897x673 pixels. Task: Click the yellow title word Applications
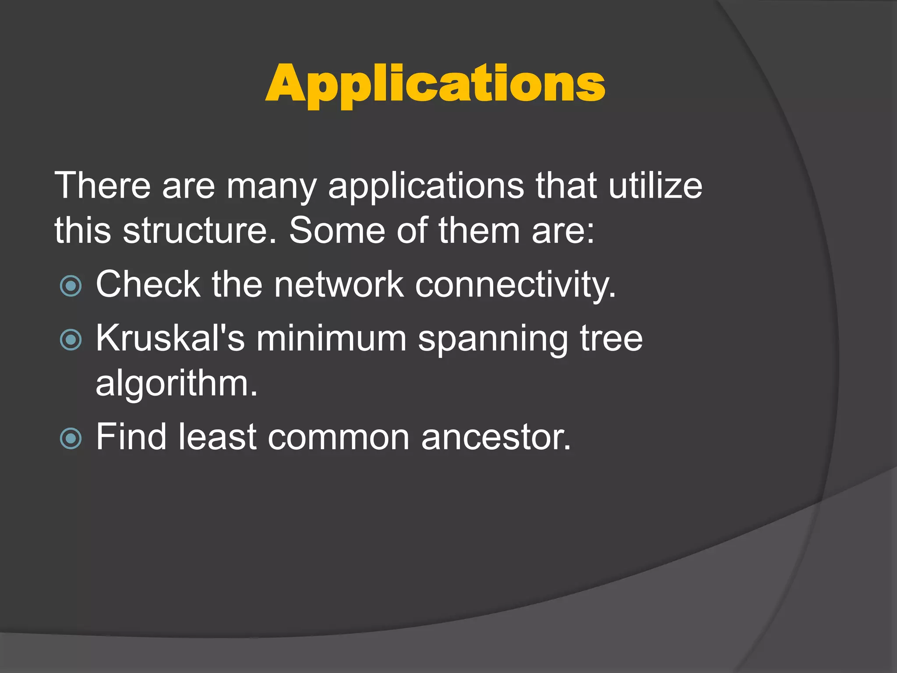[x=435, y=85]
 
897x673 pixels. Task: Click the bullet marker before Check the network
[x=71, y=286]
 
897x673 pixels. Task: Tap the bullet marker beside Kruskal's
[x=71, y=340]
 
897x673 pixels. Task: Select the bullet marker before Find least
[x=71, y=438]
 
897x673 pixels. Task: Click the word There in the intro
[x=102, y=186]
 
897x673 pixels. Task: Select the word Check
[x=148, y=285]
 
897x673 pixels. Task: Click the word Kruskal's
[x=170, y=338]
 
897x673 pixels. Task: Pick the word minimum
[x=332, y=338]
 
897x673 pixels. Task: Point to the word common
[x=339, y=437]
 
